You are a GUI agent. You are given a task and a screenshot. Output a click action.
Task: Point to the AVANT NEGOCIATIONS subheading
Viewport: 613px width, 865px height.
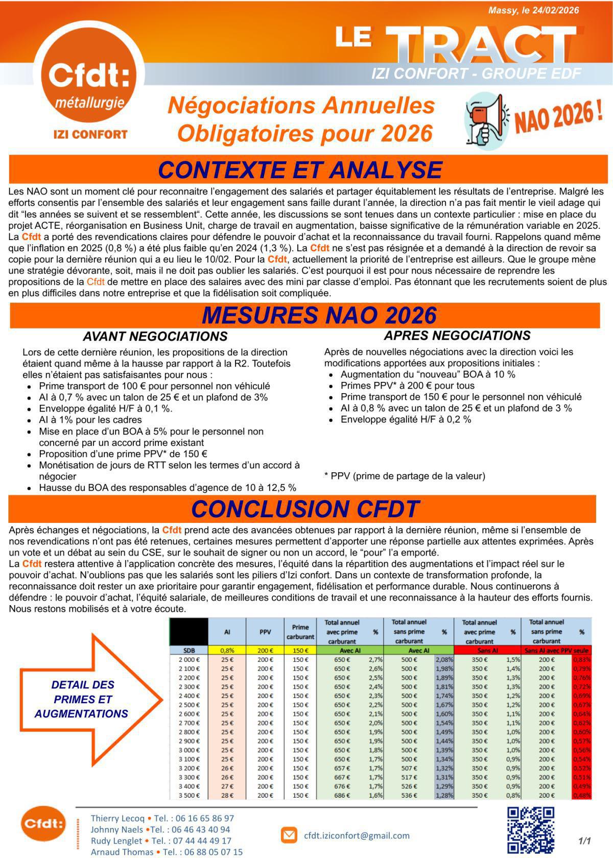point(155,337)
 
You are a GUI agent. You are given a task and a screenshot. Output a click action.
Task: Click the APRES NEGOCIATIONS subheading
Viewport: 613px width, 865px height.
point(457,335)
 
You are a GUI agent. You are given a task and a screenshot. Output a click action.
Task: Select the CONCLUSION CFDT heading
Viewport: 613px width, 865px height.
point(305,509)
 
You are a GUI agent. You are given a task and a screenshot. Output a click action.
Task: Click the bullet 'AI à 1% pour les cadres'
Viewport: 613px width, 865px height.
point(90,420)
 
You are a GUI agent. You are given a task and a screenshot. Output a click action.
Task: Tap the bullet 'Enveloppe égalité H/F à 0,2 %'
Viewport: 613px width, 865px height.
point(406,420)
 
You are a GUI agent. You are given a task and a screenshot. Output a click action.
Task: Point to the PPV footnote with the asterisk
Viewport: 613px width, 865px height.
point(405,476)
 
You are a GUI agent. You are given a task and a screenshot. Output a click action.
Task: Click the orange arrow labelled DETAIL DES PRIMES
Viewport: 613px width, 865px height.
point(87,699)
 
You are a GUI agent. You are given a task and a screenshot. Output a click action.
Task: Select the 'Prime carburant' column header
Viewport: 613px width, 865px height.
point(300,632)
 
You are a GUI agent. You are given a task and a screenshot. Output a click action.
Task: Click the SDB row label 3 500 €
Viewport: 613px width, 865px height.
point(189,795)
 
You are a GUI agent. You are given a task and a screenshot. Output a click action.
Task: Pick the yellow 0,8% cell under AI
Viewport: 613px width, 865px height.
point(227,651)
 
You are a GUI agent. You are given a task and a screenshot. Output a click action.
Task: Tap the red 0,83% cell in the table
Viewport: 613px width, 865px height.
point(581,660)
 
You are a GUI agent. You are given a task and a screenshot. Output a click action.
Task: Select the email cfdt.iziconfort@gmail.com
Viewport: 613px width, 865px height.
point(357,836)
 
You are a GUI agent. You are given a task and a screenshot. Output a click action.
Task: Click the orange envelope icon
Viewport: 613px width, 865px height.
point(289,835)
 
